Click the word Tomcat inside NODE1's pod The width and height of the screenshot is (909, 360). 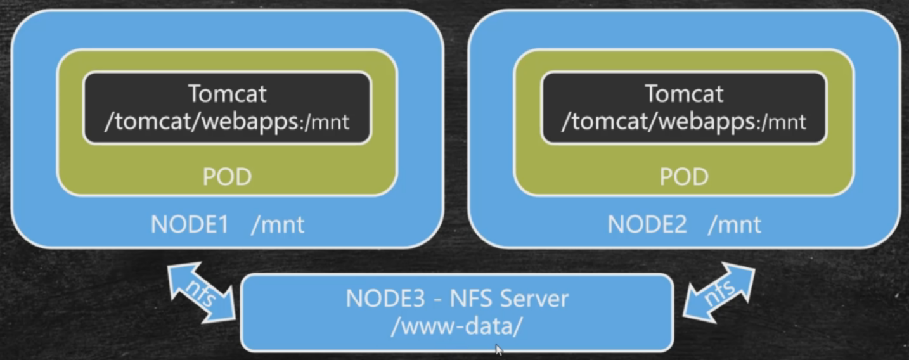(227, 94)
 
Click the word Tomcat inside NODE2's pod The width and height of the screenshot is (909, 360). (684, 94)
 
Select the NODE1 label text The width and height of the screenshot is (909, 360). (189, 224)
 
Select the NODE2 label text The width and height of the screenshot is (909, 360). (647, 224)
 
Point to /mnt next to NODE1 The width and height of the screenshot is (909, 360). (278, 224)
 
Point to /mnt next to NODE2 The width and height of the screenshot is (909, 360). (735, 224)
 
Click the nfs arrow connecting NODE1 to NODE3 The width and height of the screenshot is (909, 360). (202, 291)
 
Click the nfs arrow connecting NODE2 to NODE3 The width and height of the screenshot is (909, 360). (719, 291)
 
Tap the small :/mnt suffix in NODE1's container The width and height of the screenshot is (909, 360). (326, 122)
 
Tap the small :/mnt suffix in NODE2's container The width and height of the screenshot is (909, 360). (783, 122)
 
